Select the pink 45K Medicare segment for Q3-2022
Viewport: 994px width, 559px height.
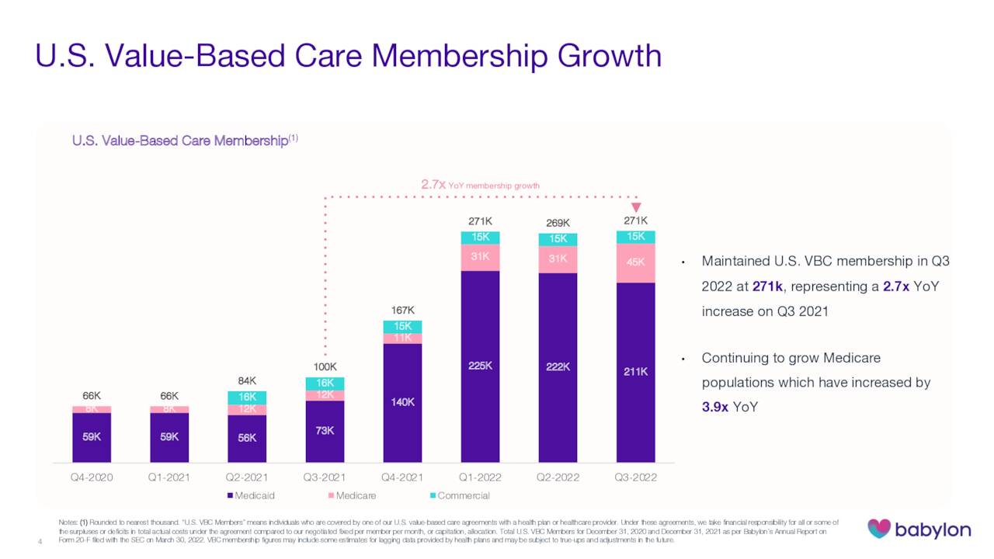[635, 262]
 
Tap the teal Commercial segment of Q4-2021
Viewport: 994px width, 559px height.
[402, 327]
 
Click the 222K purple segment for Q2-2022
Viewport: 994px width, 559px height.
[558, 367]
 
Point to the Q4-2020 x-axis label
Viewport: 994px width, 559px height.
[92, 477]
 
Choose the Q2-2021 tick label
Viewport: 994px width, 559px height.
[247, 477]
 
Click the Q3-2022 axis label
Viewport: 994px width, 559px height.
[635, 477]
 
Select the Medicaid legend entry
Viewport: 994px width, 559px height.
[251, 495]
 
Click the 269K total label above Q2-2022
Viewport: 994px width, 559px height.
[558, 222]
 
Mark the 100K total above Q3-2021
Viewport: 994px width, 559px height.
[325, 366]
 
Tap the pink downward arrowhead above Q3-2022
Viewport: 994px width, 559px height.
[636, 207]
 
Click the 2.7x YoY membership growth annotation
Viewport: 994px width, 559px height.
[479, 185]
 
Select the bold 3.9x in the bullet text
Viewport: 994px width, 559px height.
[714, 407]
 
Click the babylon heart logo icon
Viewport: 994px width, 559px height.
[879, 529]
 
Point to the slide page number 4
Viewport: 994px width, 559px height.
[39, 541]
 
